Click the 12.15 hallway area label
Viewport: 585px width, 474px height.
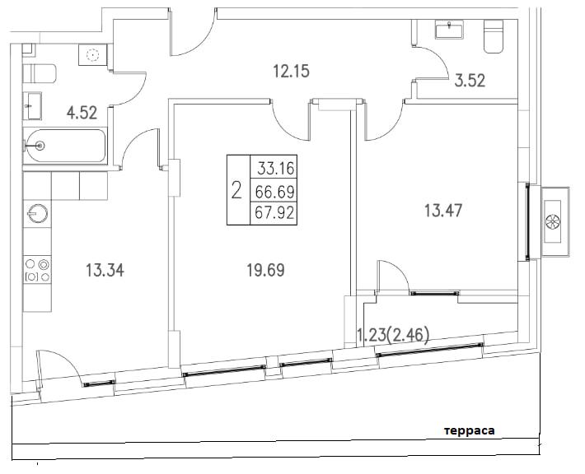pos(292,71)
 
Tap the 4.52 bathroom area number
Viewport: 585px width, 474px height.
pos(82,113)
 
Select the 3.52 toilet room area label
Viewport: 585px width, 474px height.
pos(470,81)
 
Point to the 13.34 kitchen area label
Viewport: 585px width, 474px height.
pos(105,270)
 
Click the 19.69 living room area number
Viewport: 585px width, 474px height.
pos(265,270)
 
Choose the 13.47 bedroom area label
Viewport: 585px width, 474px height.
pos(443,211)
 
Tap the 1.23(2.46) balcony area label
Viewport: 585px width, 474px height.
pos(393,335)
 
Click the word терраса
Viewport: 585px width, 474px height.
pos(470,431)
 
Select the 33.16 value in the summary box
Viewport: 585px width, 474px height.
pos(276,169)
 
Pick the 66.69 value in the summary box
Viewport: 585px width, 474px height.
pos(275,193)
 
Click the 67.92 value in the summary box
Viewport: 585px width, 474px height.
pos(274,213)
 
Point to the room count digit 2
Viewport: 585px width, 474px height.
pos(236,190)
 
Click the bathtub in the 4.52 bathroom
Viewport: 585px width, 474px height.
pos(65,146)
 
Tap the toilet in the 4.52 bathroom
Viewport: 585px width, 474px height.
pos(40,73)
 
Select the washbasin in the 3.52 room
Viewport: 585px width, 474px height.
pos(450,29)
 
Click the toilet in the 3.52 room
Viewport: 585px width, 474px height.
pos(494,35)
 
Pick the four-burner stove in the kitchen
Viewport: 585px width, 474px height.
pos(37,270)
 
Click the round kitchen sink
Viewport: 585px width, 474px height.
pos(37,214)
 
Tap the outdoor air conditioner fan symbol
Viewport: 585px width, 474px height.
pos(553,221)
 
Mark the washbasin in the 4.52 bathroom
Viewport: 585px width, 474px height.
pos(32,106)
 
